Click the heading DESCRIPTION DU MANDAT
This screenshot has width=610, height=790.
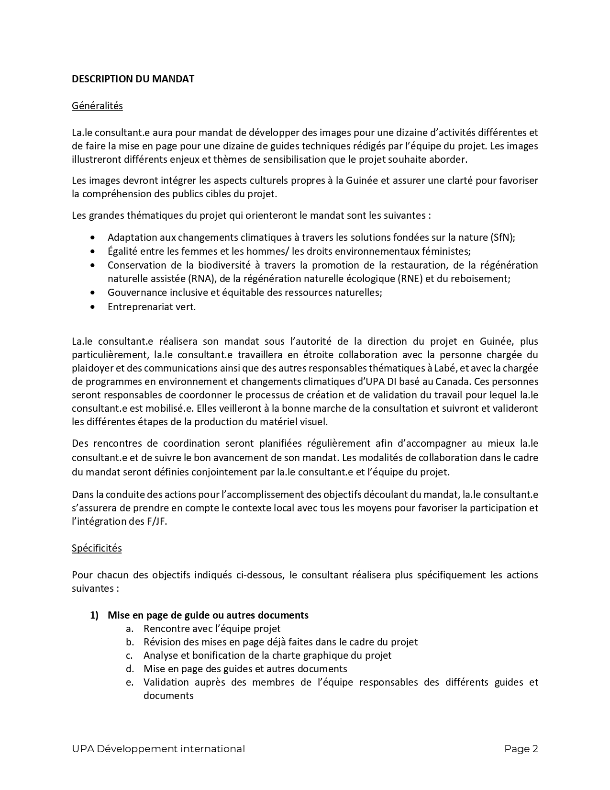click(x=133, y=79)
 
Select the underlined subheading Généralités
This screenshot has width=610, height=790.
click(x=97, y=106)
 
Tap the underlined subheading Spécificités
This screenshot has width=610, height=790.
click(x=97, y=548)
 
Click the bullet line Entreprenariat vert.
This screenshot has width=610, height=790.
click(x=152, y=307)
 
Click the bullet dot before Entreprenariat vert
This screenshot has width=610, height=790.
click(x=93, y=307)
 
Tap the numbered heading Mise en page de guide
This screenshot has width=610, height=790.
click(x=208, y=615)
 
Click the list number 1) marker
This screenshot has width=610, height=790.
click(x=94, y=615)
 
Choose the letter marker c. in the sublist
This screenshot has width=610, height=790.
click(x=129, y=655)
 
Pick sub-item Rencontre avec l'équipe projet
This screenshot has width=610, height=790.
click(x=212, y=629)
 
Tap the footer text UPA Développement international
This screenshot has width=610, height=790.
click(x=158, y=749)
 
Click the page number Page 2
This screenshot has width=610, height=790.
click(x=521, y=749)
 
